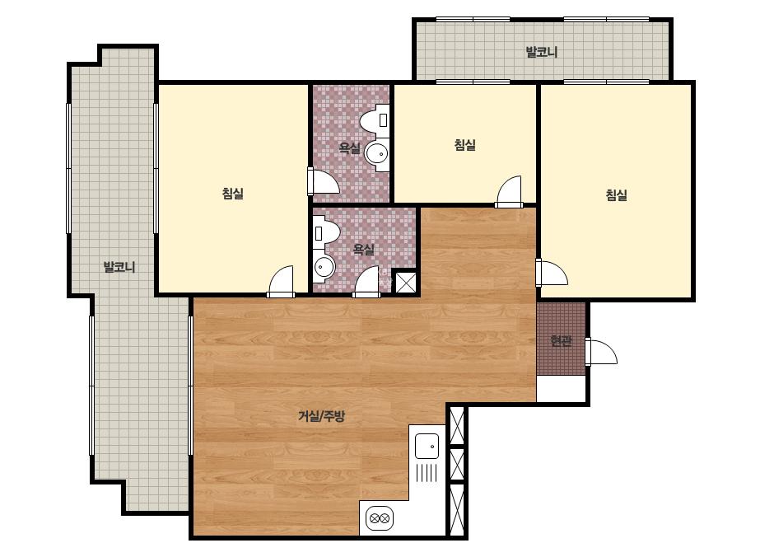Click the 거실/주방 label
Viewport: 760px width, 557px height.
[321, 416]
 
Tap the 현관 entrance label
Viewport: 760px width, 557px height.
[562, 340]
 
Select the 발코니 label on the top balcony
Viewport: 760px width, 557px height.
[542, 51]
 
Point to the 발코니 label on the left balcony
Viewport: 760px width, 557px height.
[119, 267]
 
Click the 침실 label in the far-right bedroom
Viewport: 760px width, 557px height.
[617, 195]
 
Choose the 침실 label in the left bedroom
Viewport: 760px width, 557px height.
[233, 194]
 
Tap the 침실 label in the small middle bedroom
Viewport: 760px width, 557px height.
[465, 144]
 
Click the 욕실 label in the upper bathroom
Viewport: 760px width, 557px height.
[349, 147]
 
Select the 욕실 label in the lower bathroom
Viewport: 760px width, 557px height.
[363, 250]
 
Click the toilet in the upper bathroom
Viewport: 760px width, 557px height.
[375, 119]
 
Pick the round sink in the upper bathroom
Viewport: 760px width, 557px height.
[376, 154]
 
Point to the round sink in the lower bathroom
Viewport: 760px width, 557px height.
[324, 267]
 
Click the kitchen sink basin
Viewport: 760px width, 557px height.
[427, 446]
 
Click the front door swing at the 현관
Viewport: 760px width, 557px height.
[602, 352]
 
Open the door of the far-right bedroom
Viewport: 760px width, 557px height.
[552, 274]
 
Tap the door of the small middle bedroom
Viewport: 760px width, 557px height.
[509, 191]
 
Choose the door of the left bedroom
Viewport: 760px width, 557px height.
[281, 282]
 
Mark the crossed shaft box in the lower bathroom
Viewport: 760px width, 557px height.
[405, 283]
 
